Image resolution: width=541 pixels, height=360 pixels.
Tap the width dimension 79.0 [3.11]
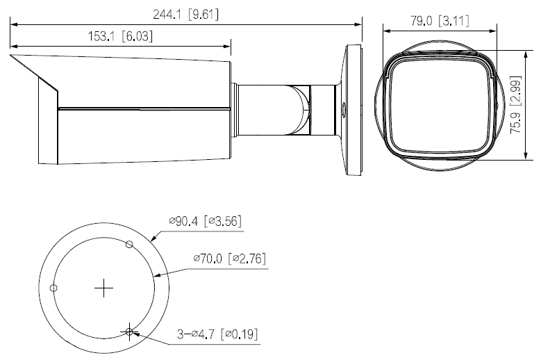pos(439,21)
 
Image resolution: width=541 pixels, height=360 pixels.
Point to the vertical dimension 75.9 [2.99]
pos(515,104)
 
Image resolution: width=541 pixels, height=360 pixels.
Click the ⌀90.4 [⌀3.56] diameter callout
pos(205,222)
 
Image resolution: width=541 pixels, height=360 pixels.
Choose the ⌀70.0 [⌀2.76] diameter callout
pos(230,259)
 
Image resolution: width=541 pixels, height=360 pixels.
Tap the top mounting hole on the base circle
pos(128,243)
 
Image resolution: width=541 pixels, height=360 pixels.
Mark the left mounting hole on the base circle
pos(54,287)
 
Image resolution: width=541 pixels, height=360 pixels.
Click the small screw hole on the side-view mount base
pos(342,108)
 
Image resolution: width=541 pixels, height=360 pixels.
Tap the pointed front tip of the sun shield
pos(11,55)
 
